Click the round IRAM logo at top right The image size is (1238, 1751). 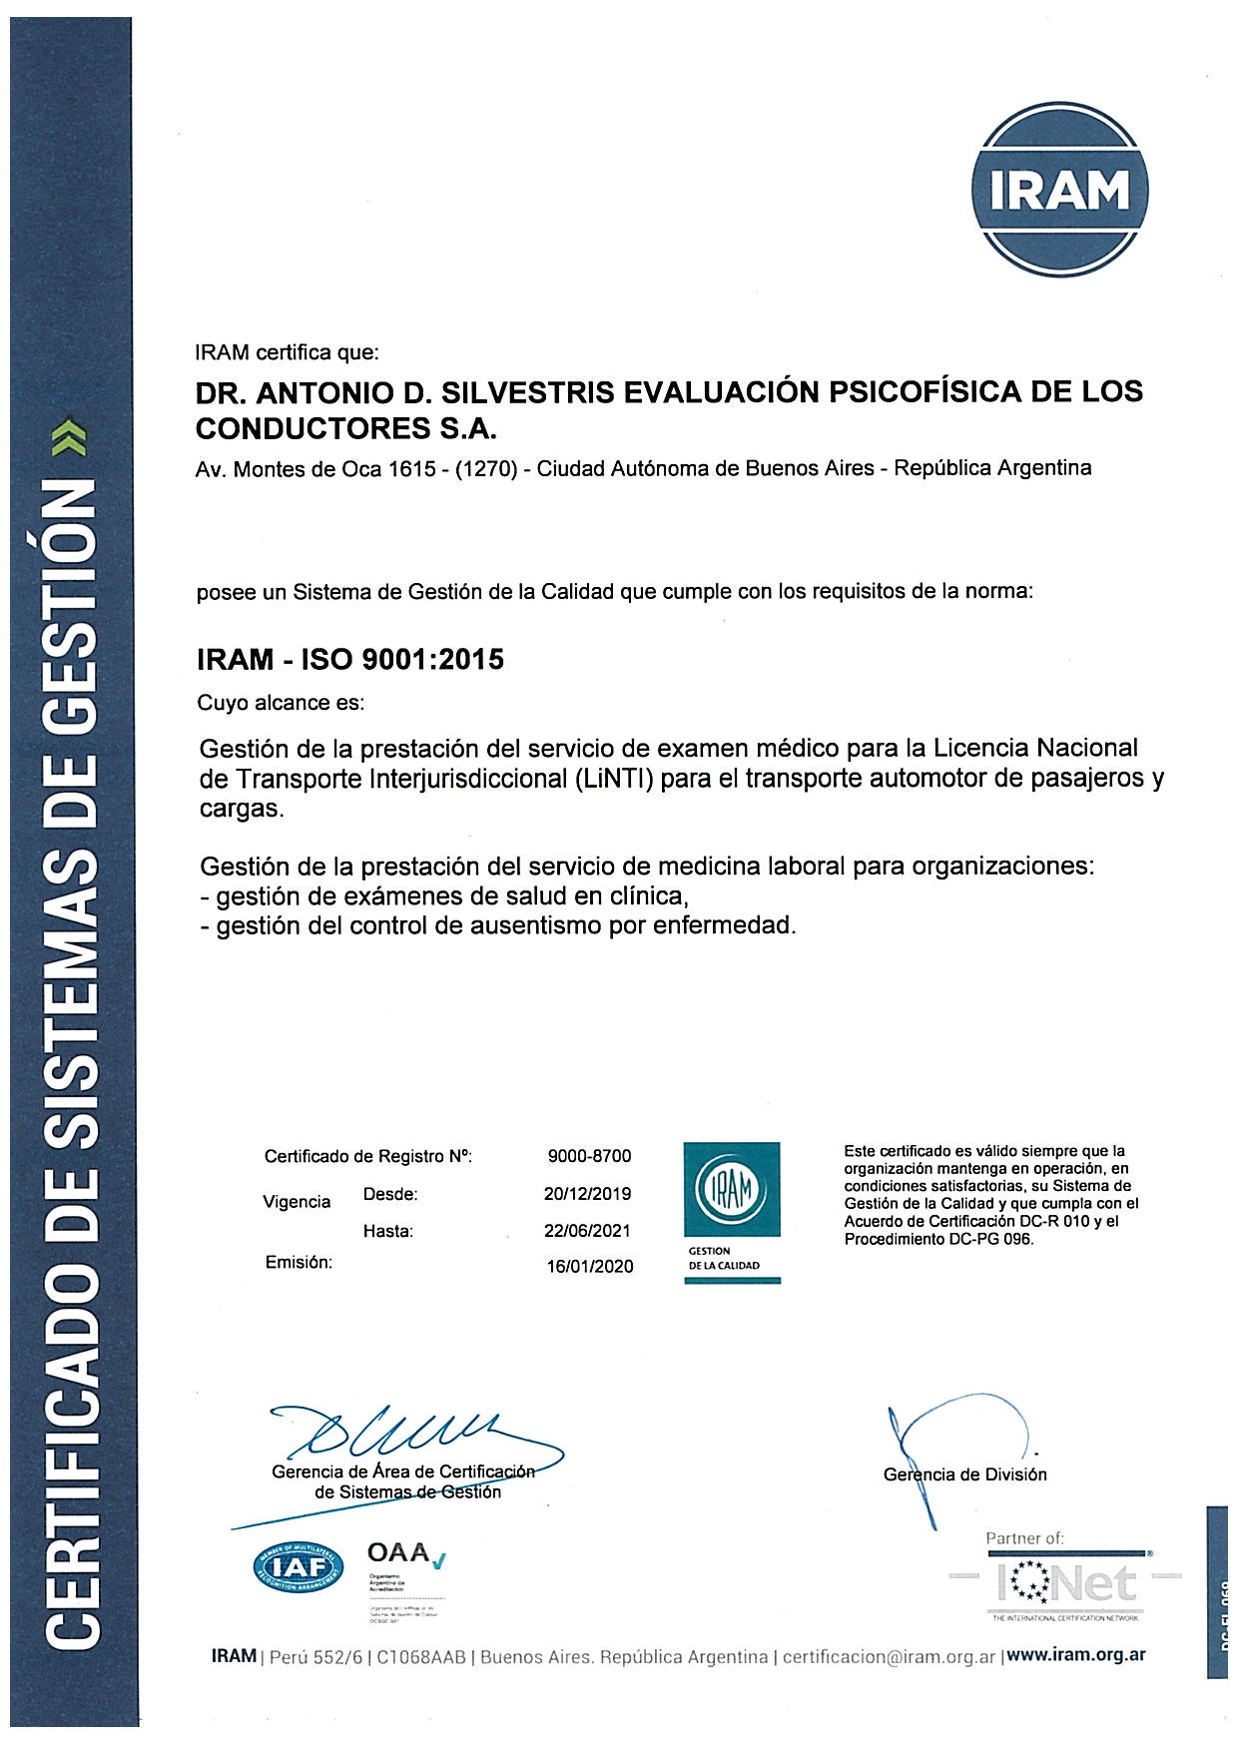(x=1059, y=190)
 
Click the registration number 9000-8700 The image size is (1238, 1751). (x=589, y=1156)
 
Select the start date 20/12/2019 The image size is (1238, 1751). (x=587, y=1193)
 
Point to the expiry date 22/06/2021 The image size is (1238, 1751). (x=587, y=1231)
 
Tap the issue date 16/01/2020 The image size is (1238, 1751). (x=589, y=1267)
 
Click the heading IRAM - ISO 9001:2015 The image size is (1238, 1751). (x=350, y=659)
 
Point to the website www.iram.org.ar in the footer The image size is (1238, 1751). (x=1075, y=1654)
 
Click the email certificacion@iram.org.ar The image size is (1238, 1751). (x=889, y=1656)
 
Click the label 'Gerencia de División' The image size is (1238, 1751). (x=964, y=1474)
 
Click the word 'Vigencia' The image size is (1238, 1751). (x=297, y=1202)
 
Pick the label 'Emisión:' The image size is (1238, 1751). (x=299, y=1262)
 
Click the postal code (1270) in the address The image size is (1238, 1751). (x=485, y=469)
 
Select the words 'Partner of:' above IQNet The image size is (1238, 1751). (x=1024, y=1538)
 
